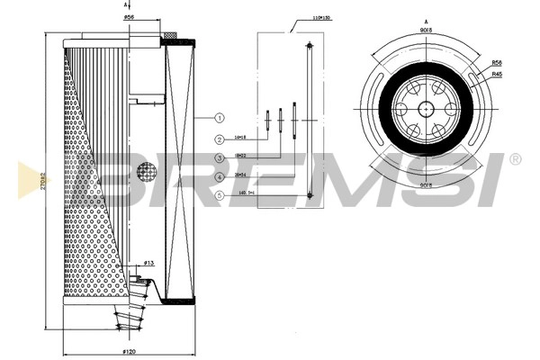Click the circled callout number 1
tap(219, 118)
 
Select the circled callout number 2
tap(219, 139)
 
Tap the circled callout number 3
tap(219, 158)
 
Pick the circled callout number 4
tap(219, 177)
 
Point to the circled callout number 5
tap(219, 195)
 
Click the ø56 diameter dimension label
tap(129, 17)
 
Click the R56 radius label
tap(497, 63)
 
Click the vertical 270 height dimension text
tap(43, 179)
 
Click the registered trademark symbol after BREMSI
tap(515, 159)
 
